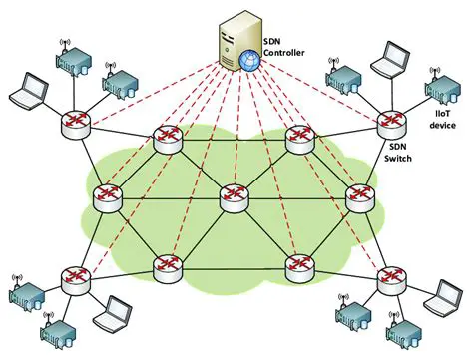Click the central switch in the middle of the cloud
234,196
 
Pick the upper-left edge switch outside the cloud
74,123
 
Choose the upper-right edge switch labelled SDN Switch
390,123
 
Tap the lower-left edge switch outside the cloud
73,280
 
